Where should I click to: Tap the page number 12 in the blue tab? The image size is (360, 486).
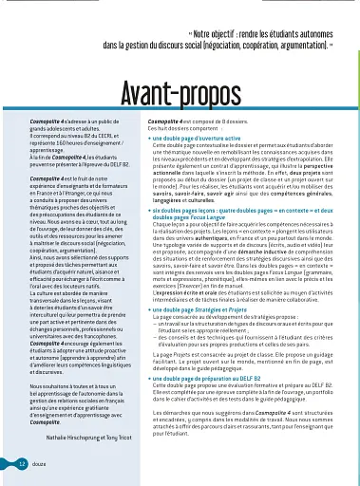21,462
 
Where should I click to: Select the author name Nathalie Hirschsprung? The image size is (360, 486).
74,438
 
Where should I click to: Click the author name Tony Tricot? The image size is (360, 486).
121,438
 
